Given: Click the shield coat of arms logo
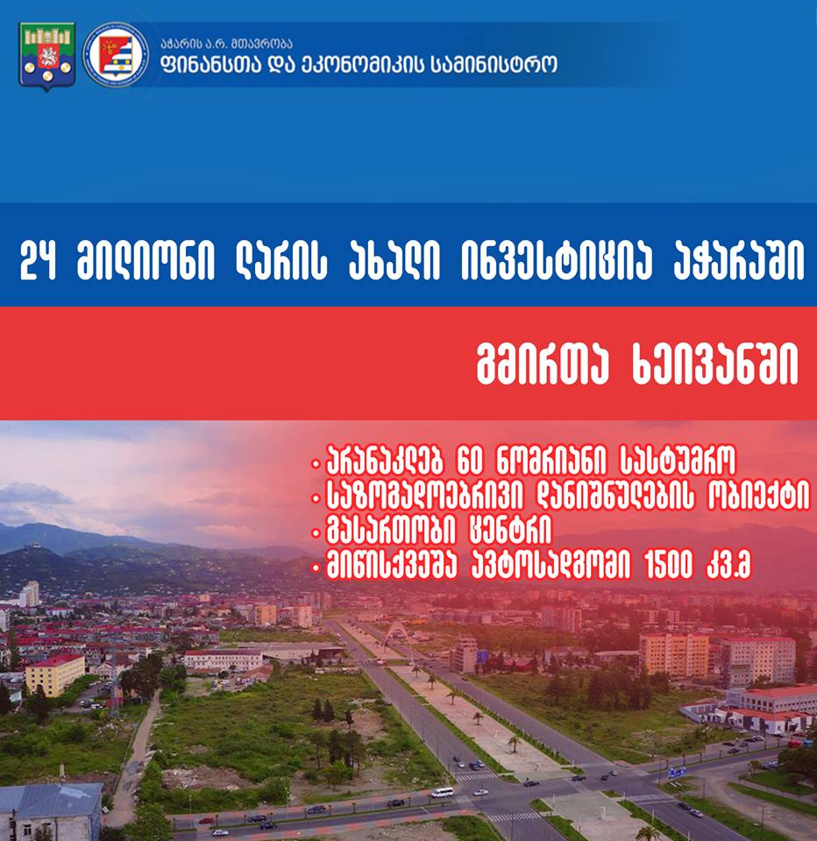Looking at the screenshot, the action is point(47,56).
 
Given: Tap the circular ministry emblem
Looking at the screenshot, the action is point(116,54).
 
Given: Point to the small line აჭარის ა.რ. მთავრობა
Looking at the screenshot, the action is point(226,43).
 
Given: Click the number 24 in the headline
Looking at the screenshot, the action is point(39,261).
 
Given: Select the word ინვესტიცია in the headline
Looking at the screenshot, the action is point(557,261).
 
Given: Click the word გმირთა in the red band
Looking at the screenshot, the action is point(543,364).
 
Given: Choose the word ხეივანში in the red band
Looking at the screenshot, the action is point(715,364).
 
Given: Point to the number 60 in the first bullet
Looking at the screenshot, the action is point(470,461).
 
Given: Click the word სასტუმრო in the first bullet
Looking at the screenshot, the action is point(678,461).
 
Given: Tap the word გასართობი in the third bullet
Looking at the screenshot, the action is point(392,532).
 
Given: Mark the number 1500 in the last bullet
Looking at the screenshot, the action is point(668,566).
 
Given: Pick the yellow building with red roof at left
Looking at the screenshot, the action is point(55,675).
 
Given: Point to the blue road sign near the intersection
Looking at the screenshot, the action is point(677,773).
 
